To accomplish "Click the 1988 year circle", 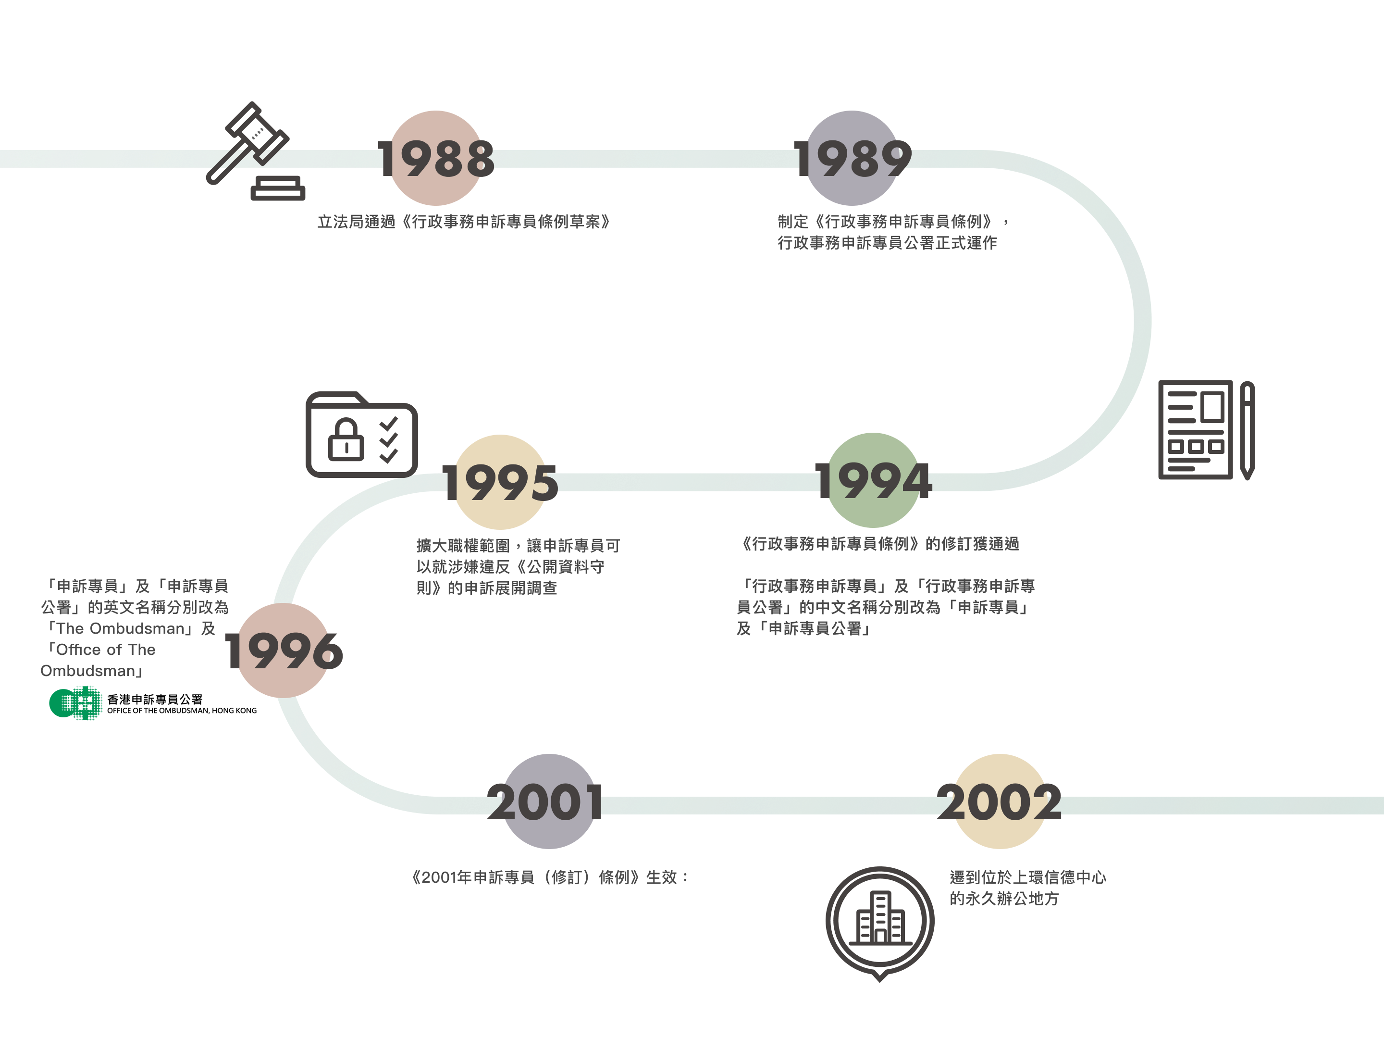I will pyautogui.click(x=436, y=158).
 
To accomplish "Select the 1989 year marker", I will pyautogui.click(x=852, y=158).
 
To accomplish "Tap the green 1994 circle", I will pyautogui.click(x=874, y=481).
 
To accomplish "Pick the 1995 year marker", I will pyautogui.click(x=501, y=482).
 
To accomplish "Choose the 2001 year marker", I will pyautogui.click(x=549, y=801).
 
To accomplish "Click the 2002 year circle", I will pyautogui.click(x=999, y=801).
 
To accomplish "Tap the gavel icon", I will pyautogui.click(x=248, y=143).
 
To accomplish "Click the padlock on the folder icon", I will pyautogui.click(x=346, y=439).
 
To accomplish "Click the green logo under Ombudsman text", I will pyautogui.click(x=76, y=703).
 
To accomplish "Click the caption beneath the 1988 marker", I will pyautogui.click(x=464, y=222).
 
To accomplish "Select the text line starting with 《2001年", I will pyautogui.click(x=549, y=877).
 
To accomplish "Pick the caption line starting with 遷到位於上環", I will pyautogui.click(x=1027, y=877).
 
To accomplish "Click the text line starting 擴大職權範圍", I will pyautogui.click(x=518, y=546).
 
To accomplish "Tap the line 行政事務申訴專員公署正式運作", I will pyautogui.click(x=887, y=243).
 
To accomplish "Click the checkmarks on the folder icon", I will pyautogui.click(x=389, y=439).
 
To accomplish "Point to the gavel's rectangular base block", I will pyautogui.click(x=278, y=188).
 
